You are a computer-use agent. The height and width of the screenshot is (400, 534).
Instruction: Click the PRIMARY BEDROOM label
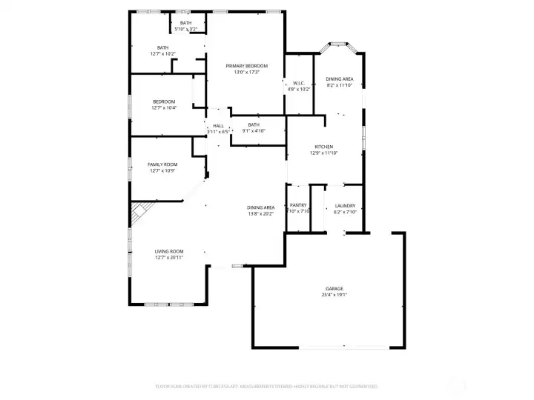[246, 66]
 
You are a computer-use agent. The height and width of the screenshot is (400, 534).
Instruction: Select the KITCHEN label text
[323, 147]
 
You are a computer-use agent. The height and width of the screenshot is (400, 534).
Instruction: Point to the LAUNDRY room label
[345, 206]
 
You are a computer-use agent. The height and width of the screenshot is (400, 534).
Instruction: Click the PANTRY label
[298, 206]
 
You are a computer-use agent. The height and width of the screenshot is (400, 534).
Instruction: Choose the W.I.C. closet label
[299, 83]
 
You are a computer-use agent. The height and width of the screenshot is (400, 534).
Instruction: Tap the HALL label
[218, 126]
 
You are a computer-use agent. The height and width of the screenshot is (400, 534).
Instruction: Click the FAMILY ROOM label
[162, 164]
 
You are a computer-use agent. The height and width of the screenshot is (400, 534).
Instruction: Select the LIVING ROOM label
[169, 251]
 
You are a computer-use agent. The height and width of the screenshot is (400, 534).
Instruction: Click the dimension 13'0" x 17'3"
[246, 73]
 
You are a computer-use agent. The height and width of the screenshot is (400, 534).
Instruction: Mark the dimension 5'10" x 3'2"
[185, 30]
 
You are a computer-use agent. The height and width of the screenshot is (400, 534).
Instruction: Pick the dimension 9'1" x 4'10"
[254, 131]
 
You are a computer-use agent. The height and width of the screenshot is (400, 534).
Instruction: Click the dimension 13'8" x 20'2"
[261, 214]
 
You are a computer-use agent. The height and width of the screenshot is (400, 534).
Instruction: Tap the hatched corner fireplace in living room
[140, 215]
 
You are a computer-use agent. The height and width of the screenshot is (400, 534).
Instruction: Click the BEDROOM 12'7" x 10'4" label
[164, 101]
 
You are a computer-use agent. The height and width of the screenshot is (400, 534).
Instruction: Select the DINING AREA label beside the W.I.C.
[339, 79]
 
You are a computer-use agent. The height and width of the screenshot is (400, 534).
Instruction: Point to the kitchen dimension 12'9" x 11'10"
[323, 153]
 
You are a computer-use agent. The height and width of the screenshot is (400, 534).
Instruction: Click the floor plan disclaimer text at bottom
[266, 386]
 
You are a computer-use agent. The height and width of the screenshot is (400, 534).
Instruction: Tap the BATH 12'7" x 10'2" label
[162, 47]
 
